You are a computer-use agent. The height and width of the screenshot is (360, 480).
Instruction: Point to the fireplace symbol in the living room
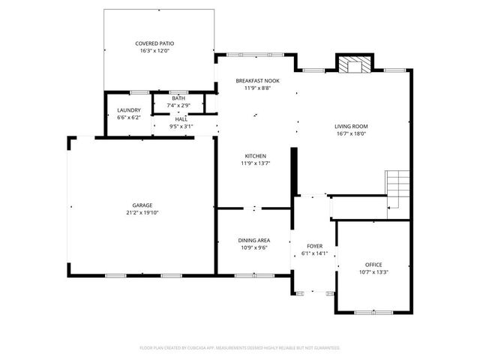[x=352, y=66]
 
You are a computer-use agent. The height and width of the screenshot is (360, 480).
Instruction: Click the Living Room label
[x=350, y=126]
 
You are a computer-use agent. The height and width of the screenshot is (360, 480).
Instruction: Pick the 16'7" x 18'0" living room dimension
[x=350, y=133]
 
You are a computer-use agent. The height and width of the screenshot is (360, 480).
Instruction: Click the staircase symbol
[x=398, y=188]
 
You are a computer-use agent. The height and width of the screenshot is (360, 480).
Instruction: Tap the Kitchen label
[x=255, y=155]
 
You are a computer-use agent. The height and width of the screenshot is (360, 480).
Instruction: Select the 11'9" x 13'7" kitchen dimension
[x=255, y=163]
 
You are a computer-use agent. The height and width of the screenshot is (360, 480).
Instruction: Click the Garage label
[x=142, y=205]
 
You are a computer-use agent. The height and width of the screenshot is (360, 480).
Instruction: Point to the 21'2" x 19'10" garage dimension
[x=142, y=212]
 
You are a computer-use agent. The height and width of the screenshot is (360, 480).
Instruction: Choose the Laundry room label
[x=129, y=110]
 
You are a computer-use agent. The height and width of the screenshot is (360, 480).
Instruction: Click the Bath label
[x=178, y=98]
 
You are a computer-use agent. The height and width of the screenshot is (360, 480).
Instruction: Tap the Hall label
[x=181, y=118]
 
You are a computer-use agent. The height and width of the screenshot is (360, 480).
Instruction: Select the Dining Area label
[x=254, y=240]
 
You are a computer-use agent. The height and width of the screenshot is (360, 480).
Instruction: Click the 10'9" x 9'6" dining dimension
[x=254, y=247]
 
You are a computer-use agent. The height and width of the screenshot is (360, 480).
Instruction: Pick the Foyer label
[x=314, y=246]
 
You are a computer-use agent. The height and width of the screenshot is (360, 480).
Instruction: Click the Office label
[x=373, y=265]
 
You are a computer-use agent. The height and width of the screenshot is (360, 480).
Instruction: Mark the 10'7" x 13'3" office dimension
[x=373, y=272]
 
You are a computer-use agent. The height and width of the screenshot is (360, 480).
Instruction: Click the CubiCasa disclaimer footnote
[x=240, y=348]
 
